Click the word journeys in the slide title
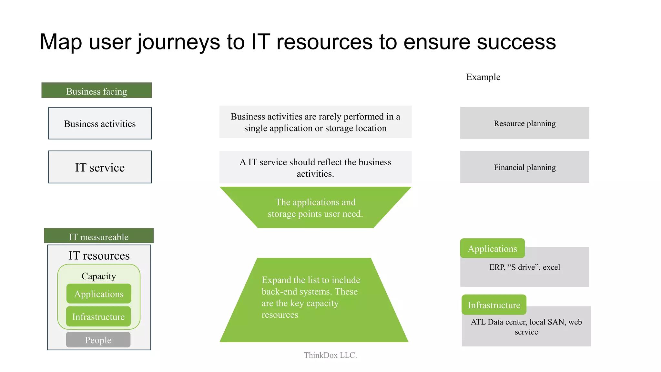point(178,43)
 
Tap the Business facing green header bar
point(97,91)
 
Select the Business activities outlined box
point(100,124)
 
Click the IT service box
point(100,167)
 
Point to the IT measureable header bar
point(99,236)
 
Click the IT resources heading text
point(99,255)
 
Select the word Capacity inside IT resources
point(99,276)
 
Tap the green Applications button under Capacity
point(99,294)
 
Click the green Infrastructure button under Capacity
point(98,316)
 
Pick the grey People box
point(98,340)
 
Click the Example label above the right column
point(483,77)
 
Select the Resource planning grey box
point(524,123)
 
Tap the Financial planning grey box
point(524,167)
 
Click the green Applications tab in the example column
point(492,248)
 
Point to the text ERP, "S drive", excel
point(524,267)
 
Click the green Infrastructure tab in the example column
point(494,305)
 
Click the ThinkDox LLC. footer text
point(330,355)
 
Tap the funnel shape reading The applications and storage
point(315,208)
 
